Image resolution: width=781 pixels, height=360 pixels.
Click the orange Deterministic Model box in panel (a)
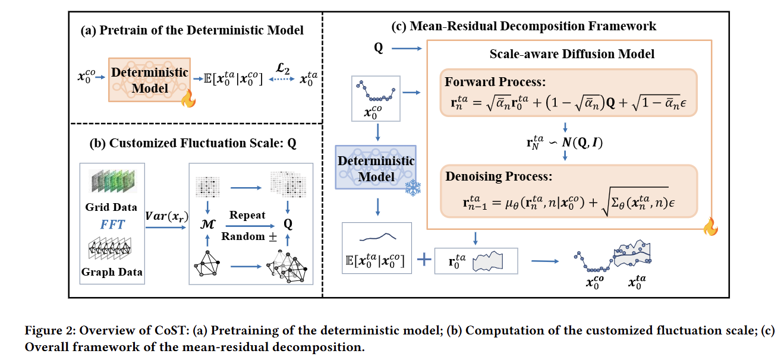(x=150, y=80)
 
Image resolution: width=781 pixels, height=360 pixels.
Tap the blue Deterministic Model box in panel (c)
(x=376, y=168)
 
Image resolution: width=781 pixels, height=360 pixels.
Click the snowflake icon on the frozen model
(x=413, y=188)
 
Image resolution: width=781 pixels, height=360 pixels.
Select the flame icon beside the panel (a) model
(x=188, y=99)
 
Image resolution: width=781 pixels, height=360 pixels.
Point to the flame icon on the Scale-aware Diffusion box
(x=711, y=227)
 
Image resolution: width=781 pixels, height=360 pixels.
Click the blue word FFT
(x=112, y=225)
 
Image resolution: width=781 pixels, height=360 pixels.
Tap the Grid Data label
(x=111, y=207)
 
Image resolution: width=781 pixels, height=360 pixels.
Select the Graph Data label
(x=112, y=272)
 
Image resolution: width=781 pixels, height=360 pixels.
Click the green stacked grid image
(x=112, y=181)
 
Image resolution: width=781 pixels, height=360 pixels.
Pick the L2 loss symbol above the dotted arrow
(x=283, y=68)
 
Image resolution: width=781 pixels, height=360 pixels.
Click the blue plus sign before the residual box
(x=424, y=260)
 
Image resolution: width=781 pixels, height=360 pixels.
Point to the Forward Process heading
(x=495, y=82)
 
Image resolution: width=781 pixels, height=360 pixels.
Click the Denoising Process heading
(x=499, y=176)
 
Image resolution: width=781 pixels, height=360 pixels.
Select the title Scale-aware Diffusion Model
(x=572, y=54)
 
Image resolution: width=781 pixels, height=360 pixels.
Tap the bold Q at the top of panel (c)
(x=379, y=48)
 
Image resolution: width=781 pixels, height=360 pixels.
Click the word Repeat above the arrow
(x=247, y=215)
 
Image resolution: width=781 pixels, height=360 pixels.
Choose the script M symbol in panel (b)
(x=208, y=224)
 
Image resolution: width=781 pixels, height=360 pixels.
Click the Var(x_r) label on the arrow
(x=166, y=216)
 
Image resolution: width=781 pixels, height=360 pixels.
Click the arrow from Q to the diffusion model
(x=407, y=49)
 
